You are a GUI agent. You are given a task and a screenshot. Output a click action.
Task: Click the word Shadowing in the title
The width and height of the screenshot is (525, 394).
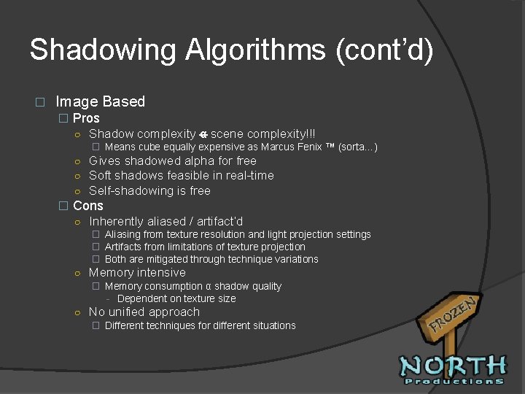click(x=102, y=50)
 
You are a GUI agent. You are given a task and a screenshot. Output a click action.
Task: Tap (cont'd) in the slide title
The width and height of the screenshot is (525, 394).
click(x=384, y=50)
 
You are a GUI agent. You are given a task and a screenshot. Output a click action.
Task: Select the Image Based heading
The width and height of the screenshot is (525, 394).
click(x=100, y=101)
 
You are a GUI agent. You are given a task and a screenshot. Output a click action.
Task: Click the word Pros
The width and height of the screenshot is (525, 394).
click(x=86, y=118)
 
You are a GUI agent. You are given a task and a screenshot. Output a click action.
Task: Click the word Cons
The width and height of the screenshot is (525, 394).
click(x=88, y=206)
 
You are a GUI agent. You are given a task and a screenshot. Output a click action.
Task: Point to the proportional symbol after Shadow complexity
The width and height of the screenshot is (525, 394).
click(x=203, y=134)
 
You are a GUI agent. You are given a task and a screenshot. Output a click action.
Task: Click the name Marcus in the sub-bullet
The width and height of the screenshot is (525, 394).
click(x=278, y=147)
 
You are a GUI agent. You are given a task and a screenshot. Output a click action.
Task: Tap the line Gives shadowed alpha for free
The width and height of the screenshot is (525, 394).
click(x=173, y=161)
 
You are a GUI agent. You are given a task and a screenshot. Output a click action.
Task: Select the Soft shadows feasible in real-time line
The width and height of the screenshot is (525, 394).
click(x=182, y=175)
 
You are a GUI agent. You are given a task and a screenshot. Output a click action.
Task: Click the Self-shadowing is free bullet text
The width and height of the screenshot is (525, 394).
click(x=149, y=190)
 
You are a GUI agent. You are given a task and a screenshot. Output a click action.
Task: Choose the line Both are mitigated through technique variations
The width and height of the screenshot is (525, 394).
click(x=211, y=259)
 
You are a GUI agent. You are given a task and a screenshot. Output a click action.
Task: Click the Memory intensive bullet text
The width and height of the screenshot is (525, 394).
click(x=137, y=272)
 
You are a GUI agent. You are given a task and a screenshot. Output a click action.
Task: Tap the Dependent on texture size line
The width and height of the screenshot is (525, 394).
click(x=176, y=298)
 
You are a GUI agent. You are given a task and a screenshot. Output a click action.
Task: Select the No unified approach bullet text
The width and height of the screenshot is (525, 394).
click(x=144, y=312)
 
